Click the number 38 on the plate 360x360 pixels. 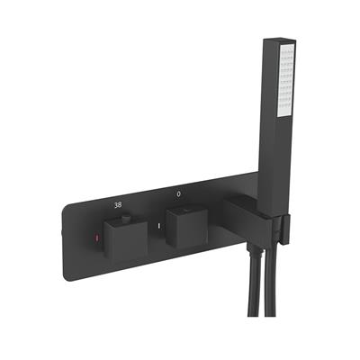(x=118, y=205)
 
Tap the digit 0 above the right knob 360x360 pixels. (x=178, y=193)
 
